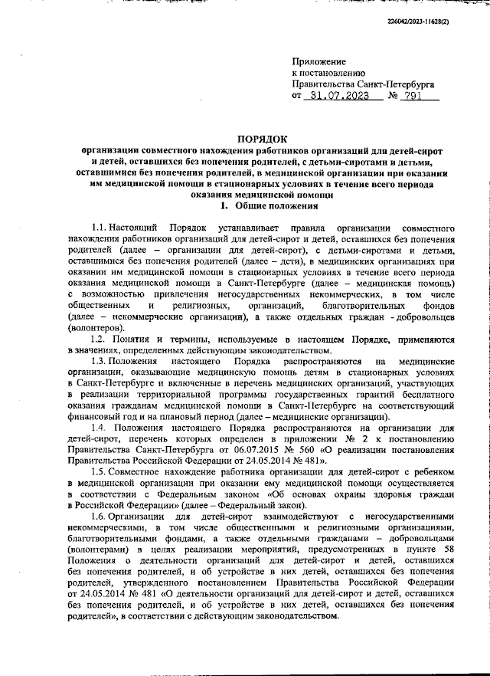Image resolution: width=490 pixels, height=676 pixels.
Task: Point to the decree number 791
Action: click(x=413, y=97)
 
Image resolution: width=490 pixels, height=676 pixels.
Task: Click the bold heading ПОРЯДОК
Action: click(x=262, y=139)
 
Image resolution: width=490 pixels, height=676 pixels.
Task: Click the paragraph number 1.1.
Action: click(x=99, y=228)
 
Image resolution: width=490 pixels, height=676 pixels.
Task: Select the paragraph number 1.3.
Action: click(x=99, y=360)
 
